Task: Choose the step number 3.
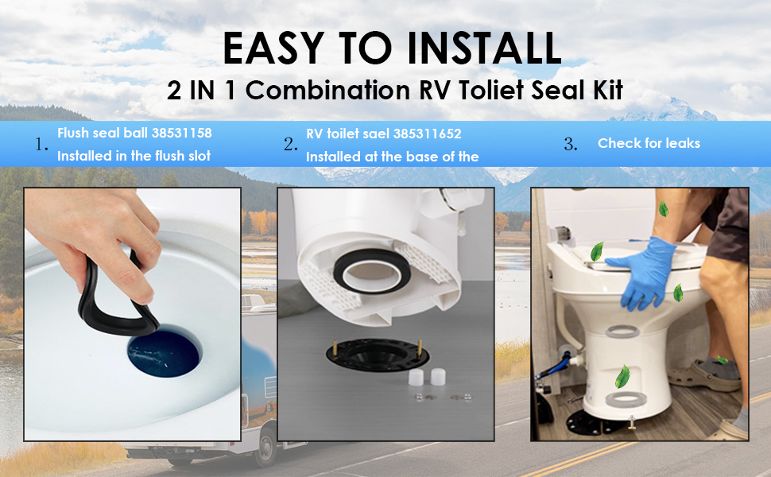(569, 144)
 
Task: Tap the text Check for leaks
(649, 143)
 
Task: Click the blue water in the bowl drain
(164, 359)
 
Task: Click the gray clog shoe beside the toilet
(703, 373)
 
